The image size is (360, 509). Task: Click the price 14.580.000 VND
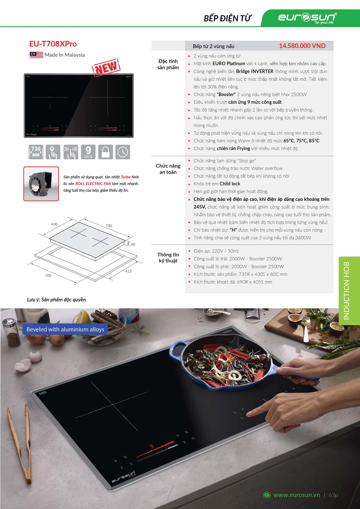(x=302, y=46)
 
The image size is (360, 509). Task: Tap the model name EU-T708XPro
(x=53, y=44)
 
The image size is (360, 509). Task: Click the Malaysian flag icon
(x=36, y=55)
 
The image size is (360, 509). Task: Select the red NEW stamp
(x=106, y=68)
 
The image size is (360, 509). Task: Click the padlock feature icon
(x=106, y=152)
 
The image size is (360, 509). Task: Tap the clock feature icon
(x=123, y=152)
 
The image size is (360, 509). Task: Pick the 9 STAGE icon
(x=88, y=152)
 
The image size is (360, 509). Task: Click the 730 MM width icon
(x=36, y=152)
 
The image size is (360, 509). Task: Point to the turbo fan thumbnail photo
(x=41, y=184)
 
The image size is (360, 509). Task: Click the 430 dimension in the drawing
(x=54, y=224)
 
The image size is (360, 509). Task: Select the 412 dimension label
(x=128, y=271)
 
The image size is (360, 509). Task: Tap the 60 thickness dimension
(x=133, y=244)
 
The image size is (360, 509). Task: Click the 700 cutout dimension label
(x=48, y=276)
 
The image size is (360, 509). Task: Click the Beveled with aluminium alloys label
(x=65, y=329)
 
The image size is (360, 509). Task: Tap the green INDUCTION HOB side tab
(x=349, y=291)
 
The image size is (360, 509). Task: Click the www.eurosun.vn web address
(x=297, y=495)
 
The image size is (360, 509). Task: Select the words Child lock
(x=230, y=184)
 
